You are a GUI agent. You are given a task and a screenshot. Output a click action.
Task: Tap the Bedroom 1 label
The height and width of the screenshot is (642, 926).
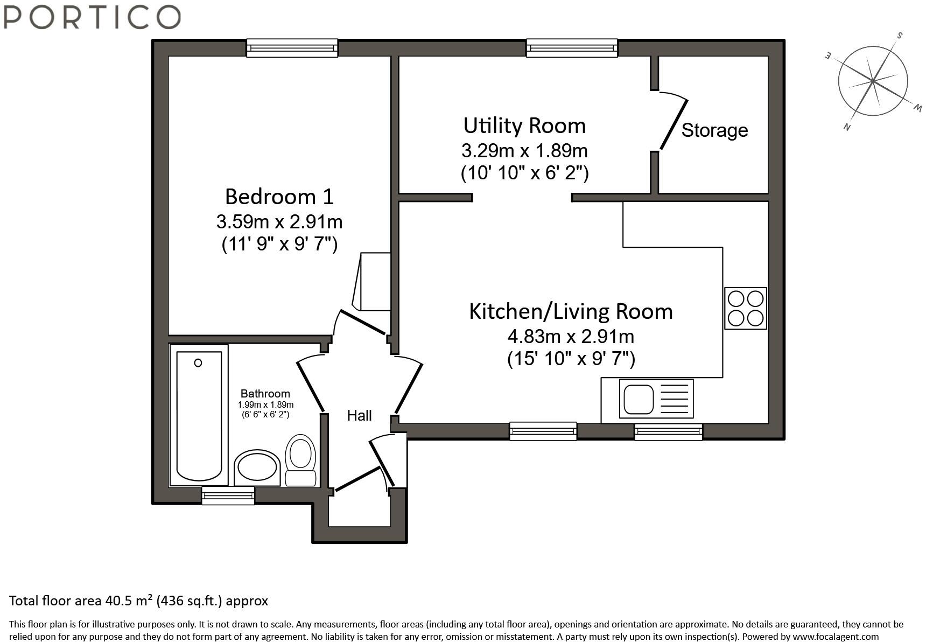click(x=279, y=197)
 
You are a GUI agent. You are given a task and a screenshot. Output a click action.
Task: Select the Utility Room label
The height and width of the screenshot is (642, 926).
click(x=524, y=125)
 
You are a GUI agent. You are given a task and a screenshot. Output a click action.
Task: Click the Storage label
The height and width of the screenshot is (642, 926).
click(x=714, y=130)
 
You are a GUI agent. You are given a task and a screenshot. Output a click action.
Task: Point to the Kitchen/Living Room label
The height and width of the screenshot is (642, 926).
click(x=571, y=311)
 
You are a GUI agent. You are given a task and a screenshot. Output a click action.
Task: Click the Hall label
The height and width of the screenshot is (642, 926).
click(x=359, y=415)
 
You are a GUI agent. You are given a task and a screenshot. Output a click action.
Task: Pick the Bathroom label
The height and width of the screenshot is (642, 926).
click(x=265, y=394)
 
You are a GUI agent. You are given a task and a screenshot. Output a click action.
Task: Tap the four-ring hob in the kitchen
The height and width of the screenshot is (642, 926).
click(x=746, y=308)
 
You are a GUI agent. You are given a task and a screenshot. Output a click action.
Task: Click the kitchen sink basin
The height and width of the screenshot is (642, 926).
click(x=639, y=399)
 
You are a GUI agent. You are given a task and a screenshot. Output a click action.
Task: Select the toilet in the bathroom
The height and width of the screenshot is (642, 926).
click(x=300, y=460)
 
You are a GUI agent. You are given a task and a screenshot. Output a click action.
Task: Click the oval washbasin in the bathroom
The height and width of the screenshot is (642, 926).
click(x=257, y=467)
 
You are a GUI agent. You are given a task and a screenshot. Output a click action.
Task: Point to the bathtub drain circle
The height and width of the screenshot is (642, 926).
click(x=198, y=363)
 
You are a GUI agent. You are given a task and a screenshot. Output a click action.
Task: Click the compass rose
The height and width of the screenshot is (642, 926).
click(x=873, y=81)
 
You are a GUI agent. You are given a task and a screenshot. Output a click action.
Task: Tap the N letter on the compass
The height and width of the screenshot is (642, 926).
click(x=847, y=127)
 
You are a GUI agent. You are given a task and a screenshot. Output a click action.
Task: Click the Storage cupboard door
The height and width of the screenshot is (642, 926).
click(x=674, y=123)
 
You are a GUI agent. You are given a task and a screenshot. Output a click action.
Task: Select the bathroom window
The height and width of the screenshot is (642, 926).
click(x=228, y=495)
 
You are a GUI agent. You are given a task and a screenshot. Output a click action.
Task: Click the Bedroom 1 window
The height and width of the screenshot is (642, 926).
click(x=292, y=48)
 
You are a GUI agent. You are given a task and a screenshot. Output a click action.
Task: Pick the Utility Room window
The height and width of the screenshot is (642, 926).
click(x=572, y=48)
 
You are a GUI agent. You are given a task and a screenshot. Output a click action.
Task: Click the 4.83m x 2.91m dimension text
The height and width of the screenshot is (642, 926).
click(x=571, y=337)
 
